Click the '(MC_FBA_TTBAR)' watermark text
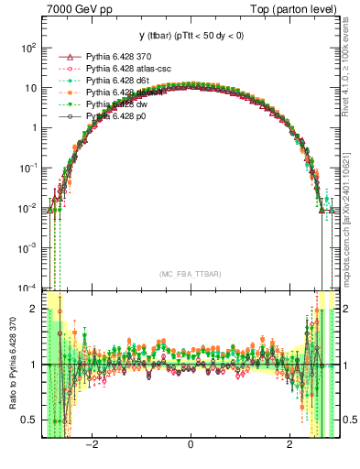click(x=190, y=275)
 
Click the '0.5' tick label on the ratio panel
click(x=29, y=420)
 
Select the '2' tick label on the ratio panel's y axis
click(x=34, y=310)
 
